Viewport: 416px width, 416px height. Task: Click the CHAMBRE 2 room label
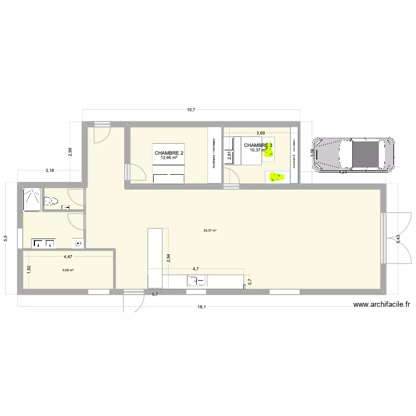(169, 153)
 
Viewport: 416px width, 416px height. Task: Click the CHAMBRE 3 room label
(258, 145)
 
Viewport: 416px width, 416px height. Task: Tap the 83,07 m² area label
(210, 230)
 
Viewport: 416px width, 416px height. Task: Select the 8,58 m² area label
(68, 271)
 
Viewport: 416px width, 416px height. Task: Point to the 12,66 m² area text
(169, 158)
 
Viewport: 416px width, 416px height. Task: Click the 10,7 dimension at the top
(191, 110)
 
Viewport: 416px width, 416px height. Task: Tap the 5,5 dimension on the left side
(6, 238)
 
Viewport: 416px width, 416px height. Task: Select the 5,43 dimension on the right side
(398, 240)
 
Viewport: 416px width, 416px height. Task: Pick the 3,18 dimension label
(50, 171)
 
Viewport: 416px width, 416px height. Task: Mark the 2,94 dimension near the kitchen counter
(168, 258)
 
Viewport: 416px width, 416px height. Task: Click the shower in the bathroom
(32, 200)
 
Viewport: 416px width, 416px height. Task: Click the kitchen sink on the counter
(197, 281)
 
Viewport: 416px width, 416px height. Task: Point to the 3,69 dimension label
(260, 133)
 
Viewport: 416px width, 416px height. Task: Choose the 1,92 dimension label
(29, 270)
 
